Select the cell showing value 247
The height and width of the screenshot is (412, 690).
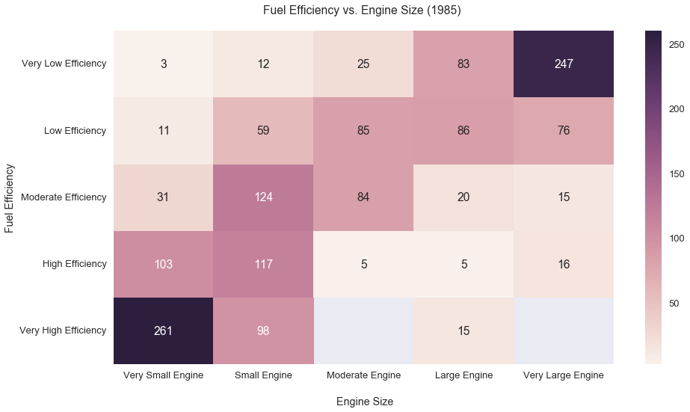pyautogui.click(x=564, y=64)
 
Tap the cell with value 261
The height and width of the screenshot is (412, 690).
pyautogui.click(x=164, y=330)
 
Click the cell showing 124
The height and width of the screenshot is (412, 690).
pyautogui.click(x=264, y=197)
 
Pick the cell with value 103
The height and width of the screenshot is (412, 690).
pyautogui.click(x=164, y=264)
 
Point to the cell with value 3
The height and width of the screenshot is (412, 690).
pyautogui.click(x=164, y=64)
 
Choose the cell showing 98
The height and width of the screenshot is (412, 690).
pyautogui.click(x=264, y=330)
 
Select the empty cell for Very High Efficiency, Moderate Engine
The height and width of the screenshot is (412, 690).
pyautogui.click(x=364, y=330)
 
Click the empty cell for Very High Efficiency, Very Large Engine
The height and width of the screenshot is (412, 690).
pyautogui.click(x=564, y=330)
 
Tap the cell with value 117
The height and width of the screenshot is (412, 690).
pyautogui.click(x=264, y=264)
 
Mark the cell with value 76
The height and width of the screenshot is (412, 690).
pyautogui.click(x=564, y=130)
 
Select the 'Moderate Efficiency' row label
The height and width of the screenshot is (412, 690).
pyautogui.click(x=64, y=197)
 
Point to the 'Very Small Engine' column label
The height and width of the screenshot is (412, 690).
pyautogui.click(x=164, y=375)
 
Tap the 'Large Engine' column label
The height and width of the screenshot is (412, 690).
pyautogui.click(x=463, y=375)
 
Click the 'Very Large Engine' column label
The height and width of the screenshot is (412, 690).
pyautogui.click(x=564, y=375)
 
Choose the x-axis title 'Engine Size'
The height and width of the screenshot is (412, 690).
pyautogui.click(x=364, y=402)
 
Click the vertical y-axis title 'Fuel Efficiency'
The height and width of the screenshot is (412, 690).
pyautogui.click(x=10, y=197)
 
